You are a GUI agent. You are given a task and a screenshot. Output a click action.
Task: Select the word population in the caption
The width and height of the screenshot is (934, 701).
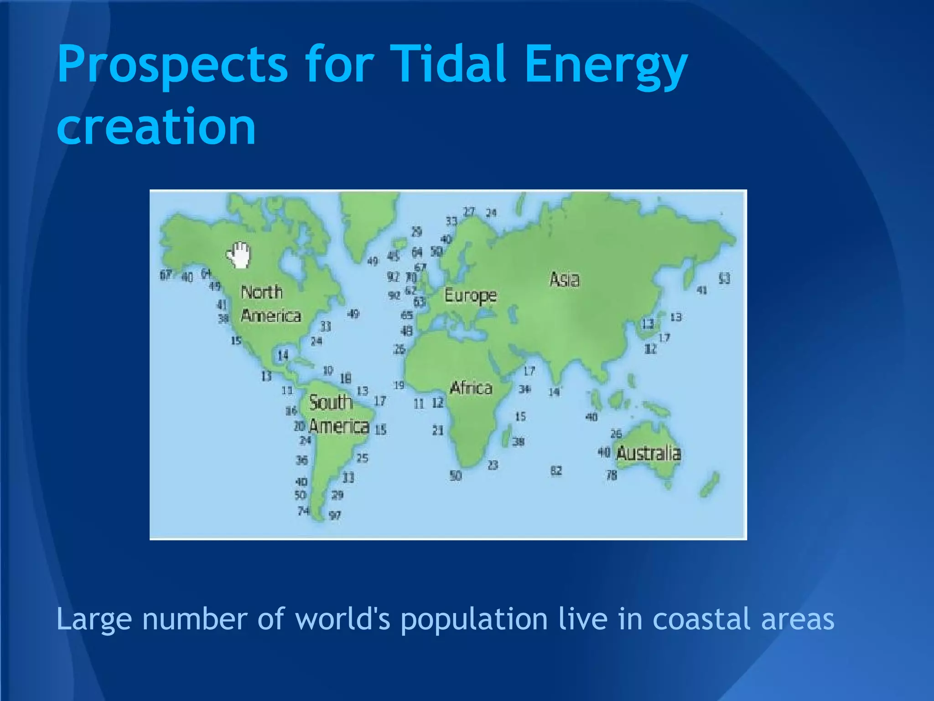(x=474, y=620)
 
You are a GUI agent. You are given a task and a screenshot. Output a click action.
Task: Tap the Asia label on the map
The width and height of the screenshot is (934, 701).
(x=565, y=279)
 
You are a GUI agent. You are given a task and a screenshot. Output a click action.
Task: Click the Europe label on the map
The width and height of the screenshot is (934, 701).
(x=470, y=296)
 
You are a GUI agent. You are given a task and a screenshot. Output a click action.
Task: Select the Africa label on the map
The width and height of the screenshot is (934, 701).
(x=471, y=388)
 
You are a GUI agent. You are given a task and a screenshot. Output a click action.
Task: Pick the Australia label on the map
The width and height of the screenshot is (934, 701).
(x=649, y=453)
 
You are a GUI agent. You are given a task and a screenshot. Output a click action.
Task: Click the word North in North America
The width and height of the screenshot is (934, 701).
(x=262, y=292)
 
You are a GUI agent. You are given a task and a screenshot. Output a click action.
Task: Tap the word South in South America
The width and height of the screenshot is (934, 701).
(x=331, y=403)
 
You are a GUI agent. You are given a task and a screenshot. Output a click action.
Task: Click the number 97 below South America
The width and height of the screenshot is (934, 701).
(x=335, y=516)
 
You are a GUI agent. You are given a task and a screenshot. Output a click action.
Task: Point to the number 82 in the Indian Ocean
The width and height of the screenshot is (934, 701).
(x=556, y=471)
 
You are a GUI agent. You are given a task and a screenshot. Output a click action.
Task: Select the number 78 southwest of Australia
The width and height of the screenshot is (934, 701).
(x=611, y=475)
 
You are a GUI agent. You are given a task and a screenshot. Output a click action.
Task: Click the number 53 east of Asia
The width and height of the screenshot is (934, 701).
(x=724, y=278)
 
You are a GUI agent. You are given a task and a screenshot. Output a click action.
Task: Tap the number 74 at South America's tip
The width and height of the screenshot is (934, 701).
(x=303, y=511)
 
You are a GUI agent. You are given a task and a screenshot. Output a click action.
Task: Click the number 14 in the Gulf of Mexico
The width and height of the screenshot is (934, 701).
(x=283, y=355)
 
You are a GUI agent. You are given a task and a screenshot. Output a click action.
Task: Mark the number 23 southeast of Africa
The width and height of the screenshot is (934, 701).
(x=493, y=465)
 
